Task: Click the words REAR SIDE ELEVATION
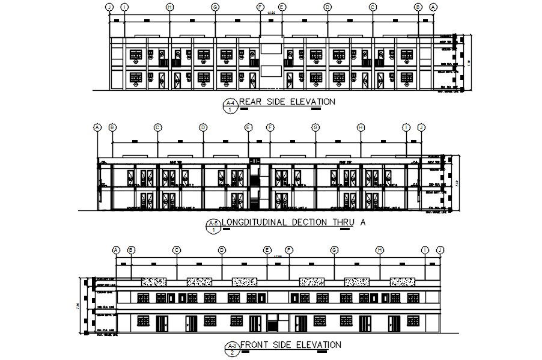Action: (287, 102)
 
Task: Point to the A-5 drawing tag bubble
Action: (213, 227)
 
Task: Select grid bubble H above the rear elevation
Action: (169, 7)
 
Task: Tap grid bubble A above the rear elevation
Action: (434, 7)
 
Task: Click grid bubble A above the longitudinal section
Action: (97, 127)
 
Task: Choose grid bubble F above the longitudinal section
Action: (270, 127)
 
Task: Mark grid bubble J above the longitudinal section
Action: (421, 127)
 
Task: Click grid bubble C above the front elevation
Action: (177, 250)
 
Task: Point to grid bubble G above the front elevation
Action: (334, 250)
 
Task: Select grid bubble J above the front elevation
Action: (440, 250)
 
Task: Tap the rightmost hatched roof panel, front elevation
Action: (402, 281)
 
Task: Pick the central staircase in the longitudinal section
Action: (255, 183)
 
